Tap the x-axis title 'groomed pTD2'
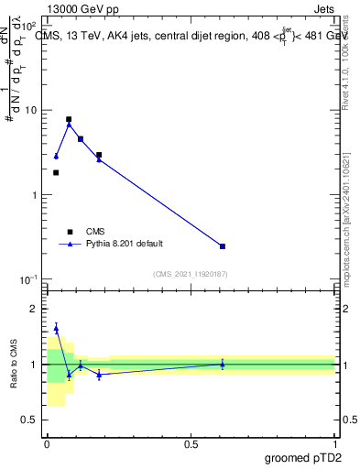point(305,457)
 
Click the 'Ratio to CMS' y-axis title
point(15,364)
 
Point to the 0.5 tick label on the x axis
point(191,442)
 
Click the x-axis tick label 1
point(335,442)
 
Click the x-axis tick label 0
point(47,442)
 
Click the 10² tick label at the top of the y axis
point(30,26)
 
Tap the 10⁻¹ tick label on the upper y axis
point(29,279)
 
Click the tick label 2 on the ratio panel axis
point(35,309)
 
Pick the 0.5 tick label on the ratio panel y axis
point(30,420)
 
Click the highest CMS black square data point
point(69,119)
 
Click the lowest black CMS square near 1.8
point(56,172)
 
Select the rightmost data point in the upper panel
point(223,246)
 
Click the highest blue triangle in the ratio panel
point(56,328)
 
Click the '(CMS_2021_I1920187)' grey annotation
point(191,273)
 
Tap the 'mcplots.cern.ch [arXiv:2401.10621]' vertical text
point(345,220)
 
